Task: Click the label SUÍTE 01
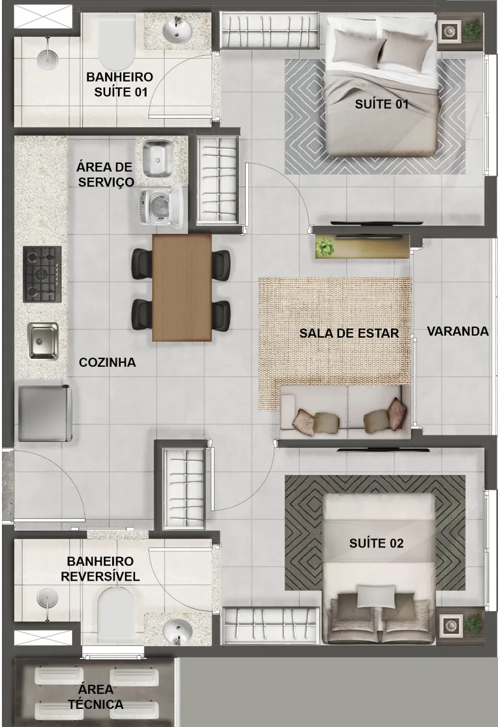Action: pyautogui.click(x=381, y=104)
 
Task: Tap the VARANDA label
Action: pyautogui.click(x=457, y=332)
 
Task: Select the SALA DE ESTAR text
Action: pyautogui.click(x=349, y=333)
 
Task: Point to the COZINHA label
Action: pyautogui.click(x=107, y=362)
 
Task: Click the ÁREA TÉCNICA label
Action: pyautogui.click(x=95, y=697)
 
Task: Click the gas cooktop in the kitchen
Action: pyautogui.click(x=42, y=274)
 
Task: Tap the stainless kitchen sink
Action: pyautogui.click(x=43, y=341)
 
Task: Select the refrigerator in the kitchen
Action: pyautogui.click(x=45, y=413)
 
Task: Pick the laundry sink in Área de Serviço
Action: pyautogui.click(x=158, y=159)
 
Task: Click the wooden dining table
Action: pyautogui.click(x=182, y=288)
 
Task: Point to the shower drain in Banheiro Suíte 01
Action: pyautogui.click(x=47, y=56)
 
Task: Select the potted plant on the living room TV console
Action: pyautogui.click(x=325, y=246)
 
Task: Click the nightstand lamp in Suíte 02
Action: pyautogui.click(x=449, y=625)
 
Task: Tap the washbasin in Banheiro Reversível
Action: pyautogui.click(x=178, y=631)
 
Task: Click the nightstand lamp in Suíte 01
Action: pyautogui.click(x=449, y=31)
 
